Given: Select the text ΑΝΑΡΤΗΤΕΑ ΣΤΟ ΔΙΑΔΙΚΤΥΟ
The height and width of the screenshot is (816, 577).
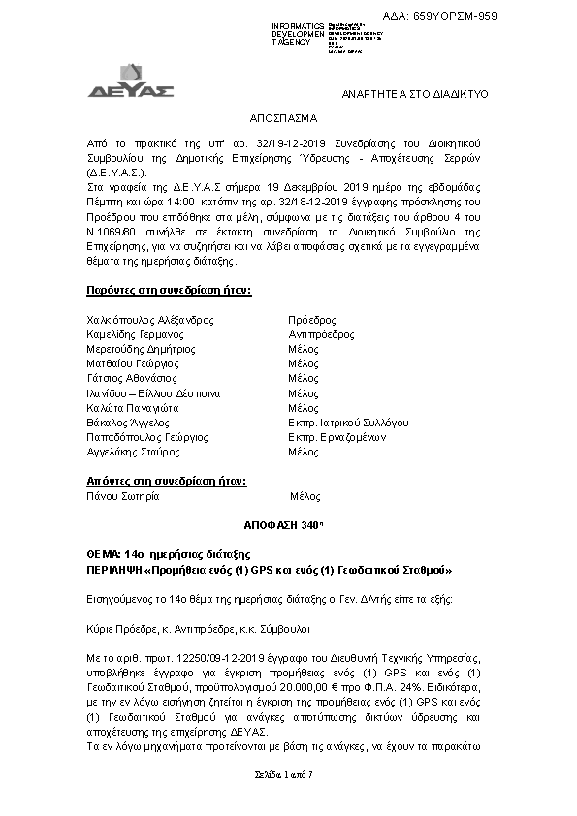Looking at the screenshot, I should click(x=415, y=93).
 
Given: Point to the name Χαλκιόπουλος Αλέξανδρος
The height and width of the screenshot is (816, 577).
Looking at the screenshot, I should click(x=150, y=319).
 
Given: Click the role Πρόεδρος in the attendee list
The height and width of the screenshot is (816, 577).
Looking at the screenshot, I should click(x=312, y=319).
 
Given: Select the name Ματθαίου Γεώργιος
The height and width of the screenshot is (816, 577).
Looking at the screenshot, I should click(x=137, y=363).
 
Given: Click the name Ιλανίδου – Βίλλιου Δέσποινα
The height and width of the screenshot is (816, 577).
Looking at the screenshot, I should click(x=154, y=392).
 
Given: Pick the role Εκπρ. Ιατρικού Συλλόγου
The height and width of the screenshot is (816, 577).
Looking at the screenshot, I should click(x=348, y=423).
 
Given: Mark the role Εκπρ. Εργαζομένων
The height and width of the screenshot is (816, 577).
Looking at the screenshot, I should click(x=337, y=437).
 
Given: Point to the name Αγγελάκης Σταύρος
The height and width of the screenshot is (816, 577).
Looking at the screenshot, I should click(x=136, y=452).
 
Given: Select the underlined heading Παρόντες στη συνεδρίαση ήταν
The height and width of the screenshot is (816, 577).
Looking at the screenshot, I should click(x=170, y=291).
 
